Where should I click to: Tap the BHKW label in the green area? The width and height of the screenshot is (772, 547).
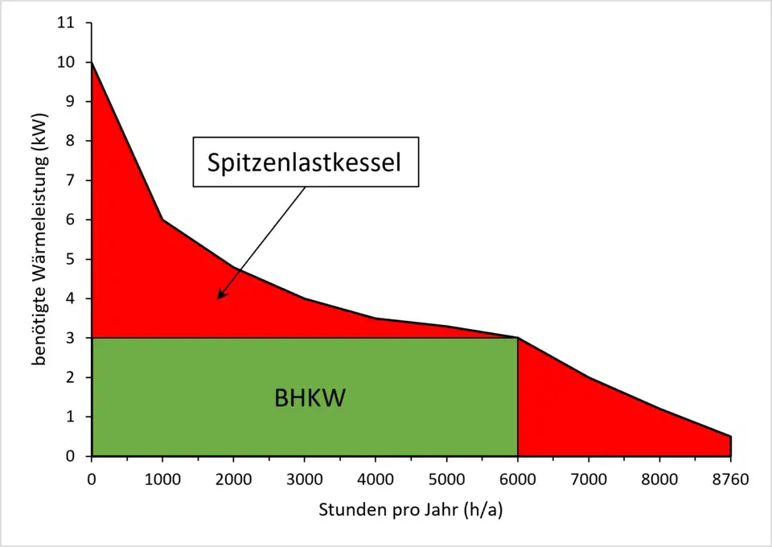point(310,398)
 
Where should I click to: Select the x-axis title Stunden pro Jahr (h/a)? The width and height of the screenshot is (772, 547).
point(411,510)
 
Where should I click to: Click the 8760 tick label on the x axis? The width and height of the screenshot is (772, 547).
point(730,481)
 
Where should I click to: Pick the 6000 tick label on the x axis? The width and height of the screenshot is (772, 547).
point(517,481)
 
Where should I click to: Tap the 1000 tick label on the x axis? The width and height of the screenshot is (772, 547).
point(163,481)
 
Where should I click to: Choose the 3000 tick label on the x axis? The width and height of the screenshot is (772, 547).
point(305,481)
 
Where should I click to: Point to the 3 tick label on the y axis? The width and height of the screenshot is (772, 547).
point(71,339)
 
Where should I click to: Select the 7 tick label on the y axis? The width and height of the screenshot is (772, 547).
point(71,181)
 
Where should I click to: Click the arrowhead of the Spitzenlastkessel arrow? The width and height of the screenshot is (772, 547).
point(220,296)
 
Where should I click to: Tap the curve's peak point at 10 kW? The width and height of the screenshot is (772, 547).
point(92,63)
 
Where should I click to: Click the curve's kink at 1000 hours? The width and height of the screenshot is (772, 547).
point(163,220)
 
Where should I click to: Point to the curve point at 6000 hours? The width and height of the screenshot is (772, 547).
point(517,338)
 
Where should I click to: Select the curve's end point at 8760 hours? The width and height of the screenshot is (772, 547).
point(731,437)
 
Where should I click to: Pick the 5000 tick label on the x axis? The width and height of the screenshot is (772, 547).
point(446,481)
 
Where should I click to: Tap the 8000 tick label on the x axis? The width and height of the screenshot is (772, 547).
point(659,481)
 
